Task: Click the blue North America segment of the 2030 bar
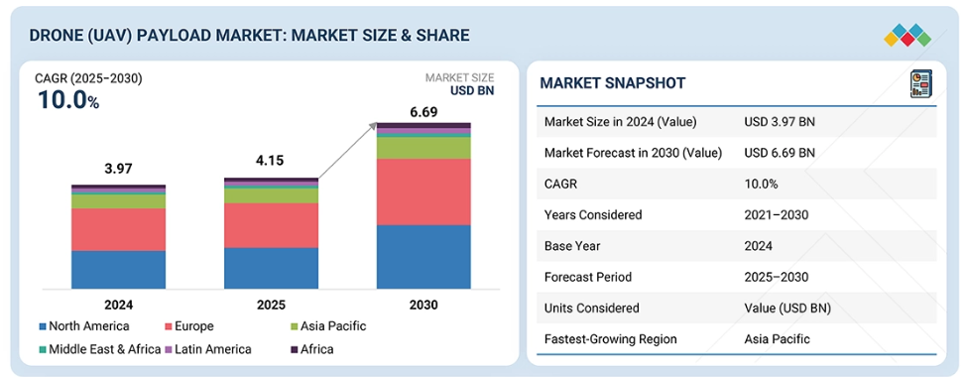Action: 423,257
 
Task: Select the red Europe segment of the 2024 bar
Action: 118,230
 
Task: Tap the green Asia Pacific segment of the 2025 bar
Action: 271,195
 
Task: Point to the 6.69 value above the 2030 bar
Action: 423,112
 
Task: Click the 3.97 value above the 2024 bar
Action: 118,169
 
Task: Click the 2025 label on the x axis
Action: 271,305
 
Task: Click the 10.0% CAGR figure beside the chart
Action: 68,100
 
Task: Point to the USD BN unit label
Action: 471,91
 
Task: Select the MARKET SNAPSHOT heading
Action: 612,83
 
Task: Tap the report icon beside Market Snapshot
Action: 921,83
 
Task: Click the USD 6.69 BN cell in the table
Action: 780,153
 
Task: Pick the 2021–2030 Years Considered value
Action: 777,215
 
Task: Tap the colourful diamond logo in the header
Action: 907,35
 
